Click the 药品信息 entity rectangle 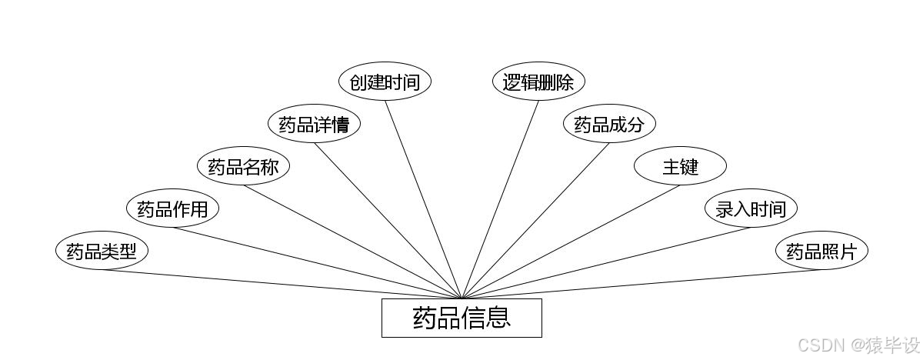461,318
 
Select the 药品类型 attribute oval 102,252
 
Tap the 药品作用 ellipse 172,208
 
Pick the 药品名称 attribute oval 243,166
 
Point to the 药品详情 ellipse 314,124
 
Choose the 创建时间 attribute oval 385,82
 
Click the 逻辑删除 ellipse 538,82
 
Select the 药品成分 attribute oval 609,124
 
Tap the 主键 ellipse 680,166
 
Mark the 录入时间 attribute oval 751,208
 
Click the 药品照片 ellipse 821,252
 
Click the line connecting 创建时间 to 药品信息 423,199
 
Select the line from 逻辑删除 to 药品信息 500,199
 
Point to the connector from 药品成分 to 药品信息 535,220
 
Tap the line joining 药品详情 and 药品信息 388,220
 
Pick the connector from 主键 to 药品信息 571,242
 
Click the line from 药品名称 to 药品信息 352,242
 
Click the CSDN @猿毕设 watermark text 858,345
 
